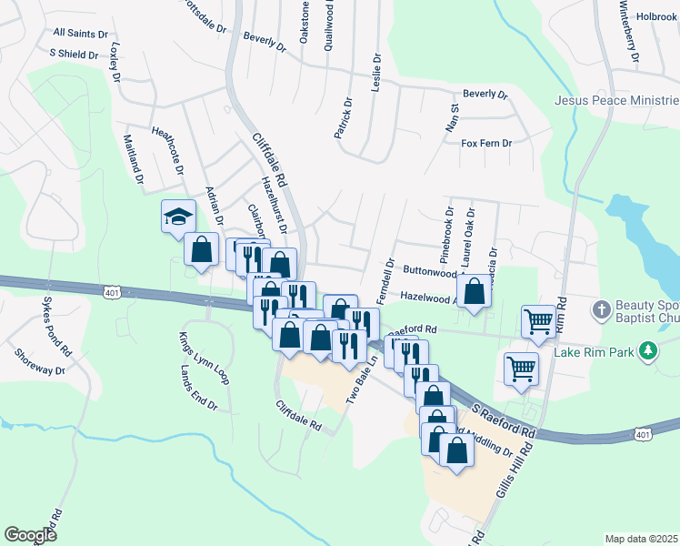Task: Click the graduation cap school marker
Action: click(x=178, y=217)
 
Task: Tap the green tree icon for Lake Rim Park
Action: click(x=647, y=350)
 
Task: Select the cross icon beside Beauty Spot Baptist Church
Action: click(x=600, y=310)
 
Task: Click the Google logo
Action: click(x=31, y=534)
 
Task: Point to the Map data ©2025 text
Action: click(x=640, y=539)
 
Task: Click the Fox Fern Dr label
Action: click(x=486, y=143)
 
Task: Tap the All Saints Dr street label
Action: click(x=80, y=33)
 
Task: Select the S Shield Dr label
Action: click(x=74, y=55)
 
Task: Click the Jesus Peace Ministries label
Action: click(x=616, y=101)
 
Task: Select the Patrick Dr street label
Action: click(x=342, y=118)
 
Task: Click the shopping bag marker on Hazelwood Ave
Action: click(x=475, y=292)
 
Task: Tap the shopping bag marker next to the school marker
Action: click(x=201, y=248)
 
